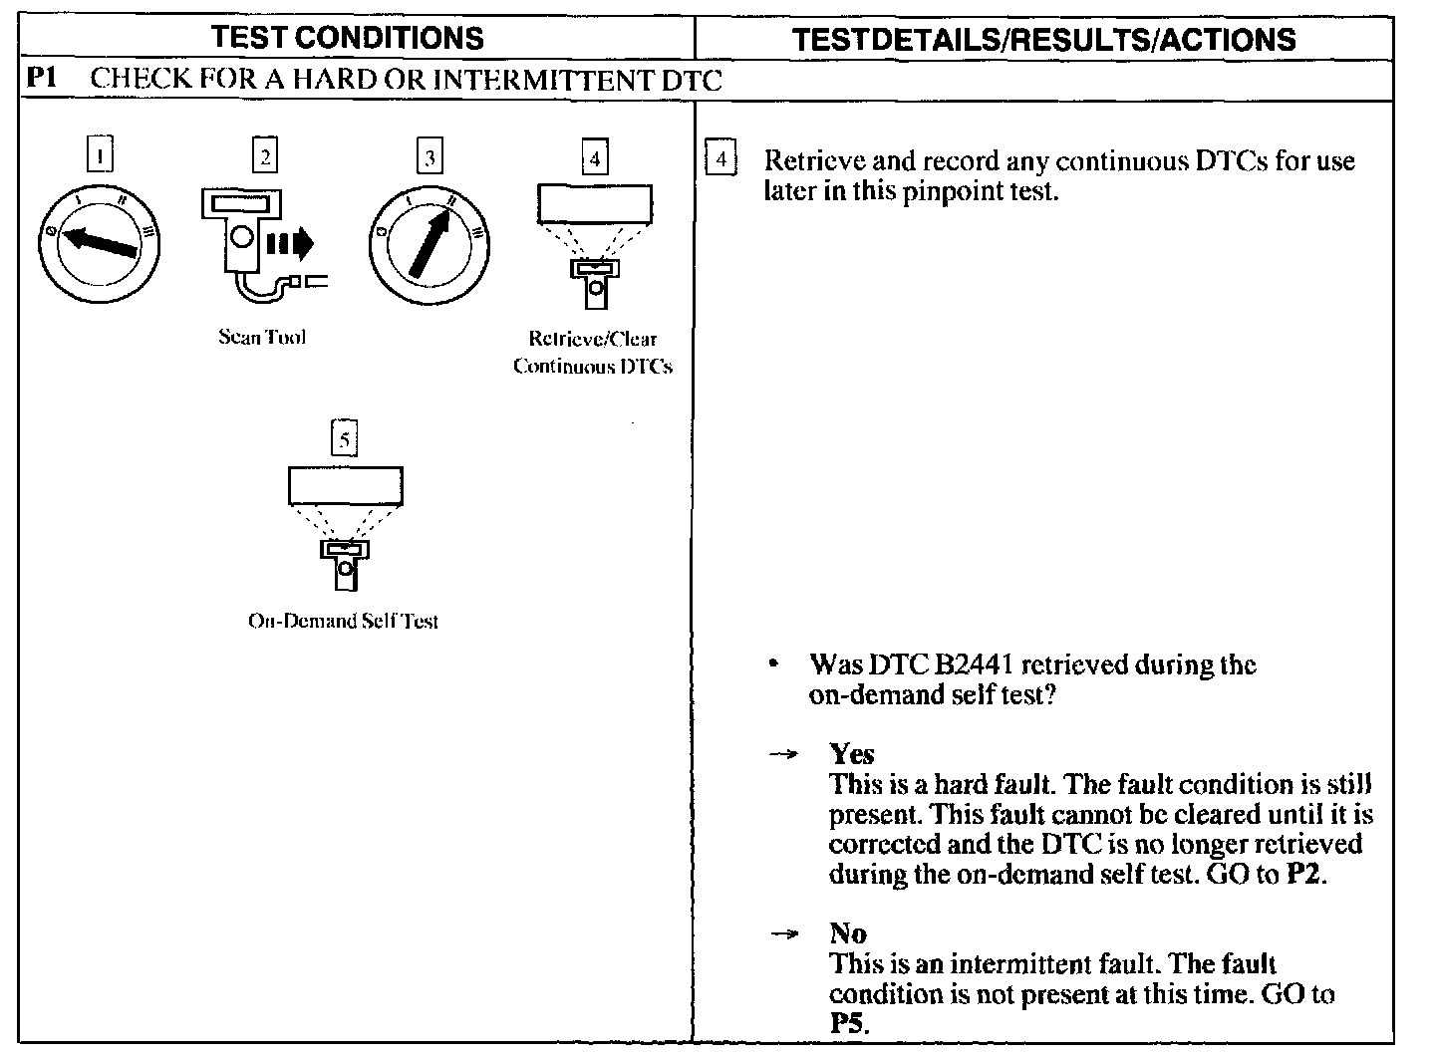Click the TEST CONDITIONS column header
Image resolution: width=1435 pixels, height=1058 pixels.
point(347,38)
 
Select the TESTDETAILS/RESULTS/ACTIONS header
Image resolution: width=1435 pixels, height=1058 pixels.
point(1043,39)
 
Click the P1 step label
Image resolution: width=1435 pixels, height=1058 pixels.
point(42,79)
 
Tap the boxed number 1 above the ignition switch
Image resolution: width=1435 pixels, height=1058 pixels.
point(100,155)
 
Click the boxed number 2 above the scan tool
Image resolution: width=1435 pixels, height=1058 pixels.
point(264,155)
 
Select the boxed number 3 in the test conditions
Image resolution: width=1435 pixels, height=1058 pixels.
point(430,157)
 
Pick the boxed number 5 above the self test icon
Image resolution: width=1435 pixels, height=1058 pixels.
point(344,438)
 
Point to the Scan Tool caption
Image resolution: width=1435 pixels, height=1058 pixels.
point(262,337)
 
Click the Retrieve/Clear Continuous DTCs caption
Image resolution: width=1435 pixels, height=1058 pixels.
point(593,353)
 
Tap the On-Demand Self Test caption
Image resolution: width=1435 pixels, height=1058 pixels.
point(343,621)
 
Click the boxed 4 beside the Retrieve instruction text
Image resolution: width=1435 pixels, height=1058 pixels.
point(720,160)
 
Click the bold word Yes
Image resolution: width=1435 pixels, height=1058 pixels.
point(852,754)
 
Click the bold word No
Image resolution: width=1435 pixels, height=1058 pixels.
point(847,933)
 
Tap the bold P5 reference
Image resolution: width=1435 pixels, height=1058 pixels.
point(848,1023)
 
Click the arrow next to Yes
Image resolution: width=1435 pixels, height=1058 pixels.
point(784,755)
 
